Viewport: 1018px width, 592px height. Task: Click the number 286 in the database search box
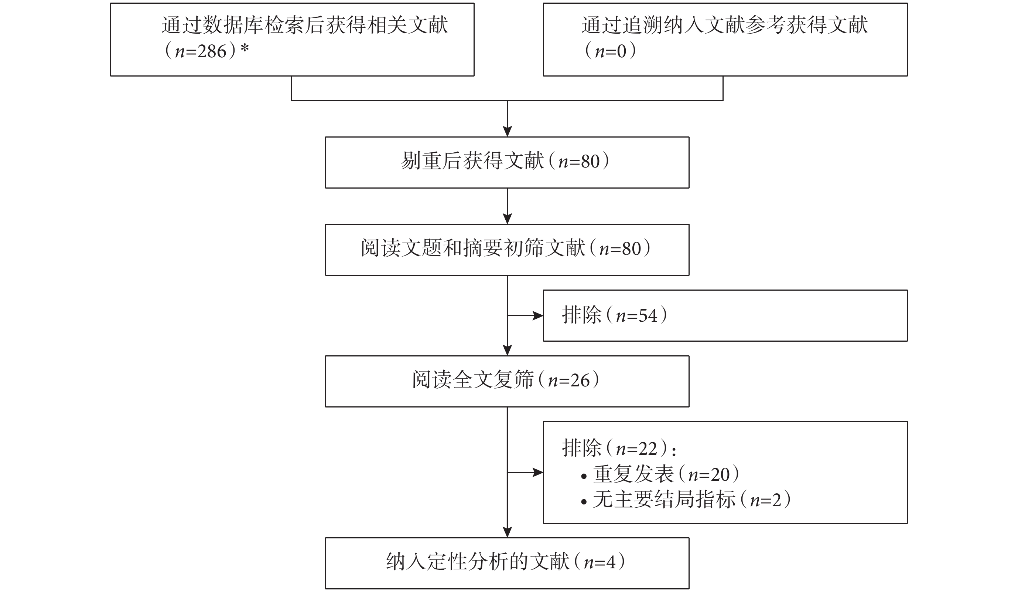click(x=212, y=51)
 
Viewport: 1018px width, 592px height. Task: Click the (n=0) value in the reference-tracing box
click(x=611, y=51)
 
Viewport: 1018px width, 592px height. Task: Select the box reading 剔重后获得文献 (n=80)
click(x=507, y=163)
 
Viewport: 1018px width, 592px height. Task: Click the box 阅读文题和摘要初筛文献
click(x=507, y=250)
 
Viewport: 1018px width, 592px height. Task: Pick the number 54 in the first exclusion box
click(x=648, y=315)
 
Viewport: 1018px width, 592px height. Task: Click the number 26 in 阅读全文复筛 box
click(x=580, y=380)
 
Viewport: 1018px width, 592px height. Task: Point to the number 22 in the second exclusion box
click(x=648, y=449)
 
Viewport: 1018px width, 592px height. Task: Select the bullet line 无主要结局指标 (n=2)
click(x=686, y=500)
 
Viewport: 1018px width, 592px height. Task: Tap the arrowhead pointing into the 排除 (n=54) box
click(x=538, y=315)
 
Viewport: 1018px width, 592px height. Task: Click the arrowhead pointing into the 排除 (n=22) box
click(x=538, y=472)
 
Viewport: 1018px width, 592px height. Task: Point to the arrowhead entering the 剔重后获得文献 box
click(x=507, y=131)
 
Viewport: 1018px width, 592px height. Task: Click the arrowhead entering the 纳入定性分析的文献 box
click(x=507, y=532)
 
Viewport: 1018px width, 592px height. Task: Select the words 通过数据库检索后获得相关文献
click(x=305, y=25)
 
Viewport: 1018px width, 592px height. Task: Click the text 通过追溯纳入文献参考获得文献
click(x=724, y=25)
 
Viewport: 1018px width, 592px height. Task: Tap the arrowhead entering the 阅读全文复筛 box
click(x=507, y=350)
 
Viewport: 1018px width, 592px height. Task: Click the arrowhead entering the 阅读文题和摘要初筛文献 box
click(x=507, y=219)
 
